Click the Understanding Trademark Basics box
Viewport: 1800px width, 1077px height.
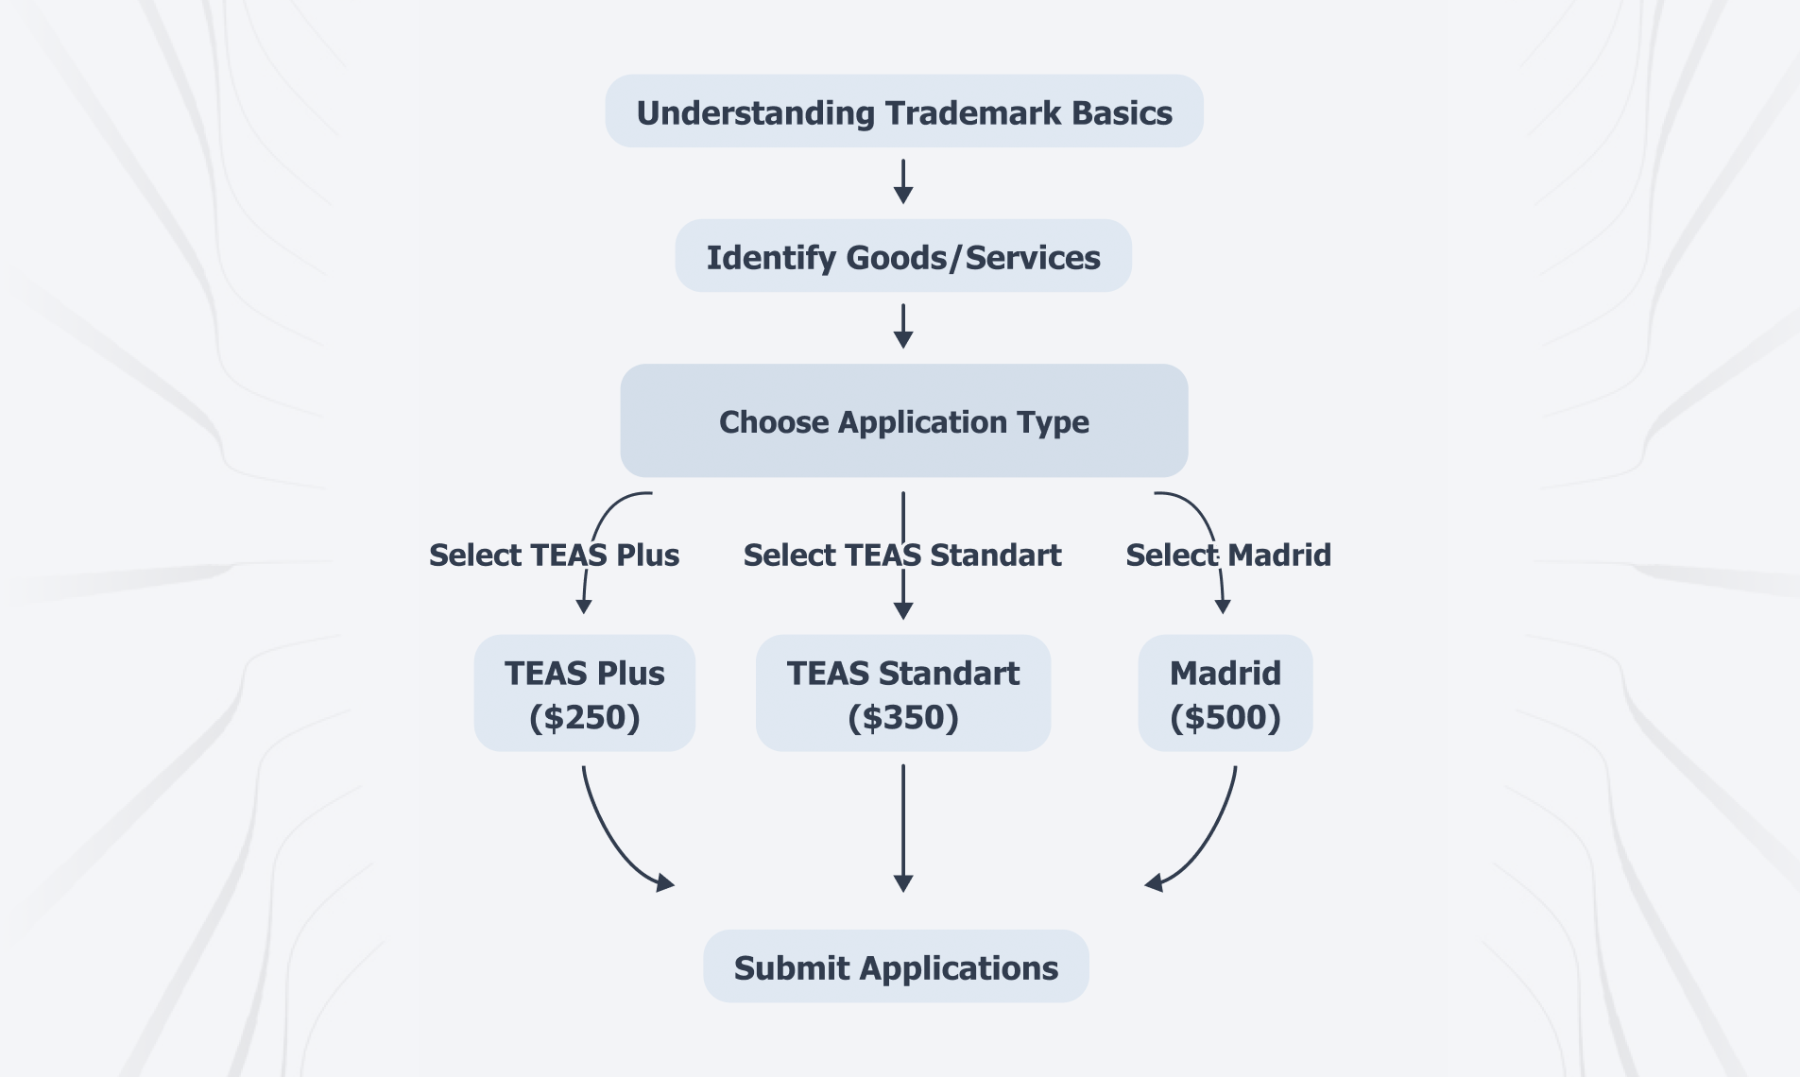click(x=903, y=111)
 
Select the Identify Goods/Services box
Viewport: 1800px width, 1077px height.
click(x=903, y=256)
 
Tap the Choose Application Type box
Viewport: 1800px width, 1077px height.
click(x=903, y=420)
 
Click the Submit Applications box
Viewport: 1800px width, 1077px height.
click(x=896, y=966)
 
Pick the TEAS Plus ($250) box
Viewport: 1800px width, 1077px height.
click(x=584, y=693)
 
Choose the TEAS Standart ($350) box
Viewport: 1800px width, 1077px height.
click(x=902, y=693)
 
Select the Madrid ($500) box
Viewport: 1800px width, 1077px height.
click(x=1225, y=693)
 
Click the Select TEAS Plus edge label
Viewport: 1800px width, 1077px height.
click(x=554, y=555)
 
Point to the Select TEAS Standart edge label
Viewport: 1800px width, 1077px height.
click(x=902, y=555)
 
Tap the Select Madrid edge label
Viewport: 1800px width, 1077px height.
click(x=1228, y=555)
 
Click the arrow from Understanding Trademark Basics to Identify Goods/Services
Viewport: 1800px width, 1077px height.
click(x=903, y=181)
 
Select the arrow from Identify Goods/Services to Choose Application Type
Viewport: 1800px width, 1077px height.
click(x=903, y=326)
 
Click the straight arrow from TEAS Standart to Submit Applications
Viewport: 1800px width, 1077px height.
click(x=903, y=828)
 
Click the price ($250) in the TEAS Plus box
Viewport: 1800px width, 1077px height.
click(x=584, y=718)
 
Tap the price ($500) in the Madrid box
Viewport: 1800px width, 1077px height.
click(x=1225, y=718)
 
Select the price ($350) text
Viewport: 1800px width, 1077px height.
click(x=902, y=718)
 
